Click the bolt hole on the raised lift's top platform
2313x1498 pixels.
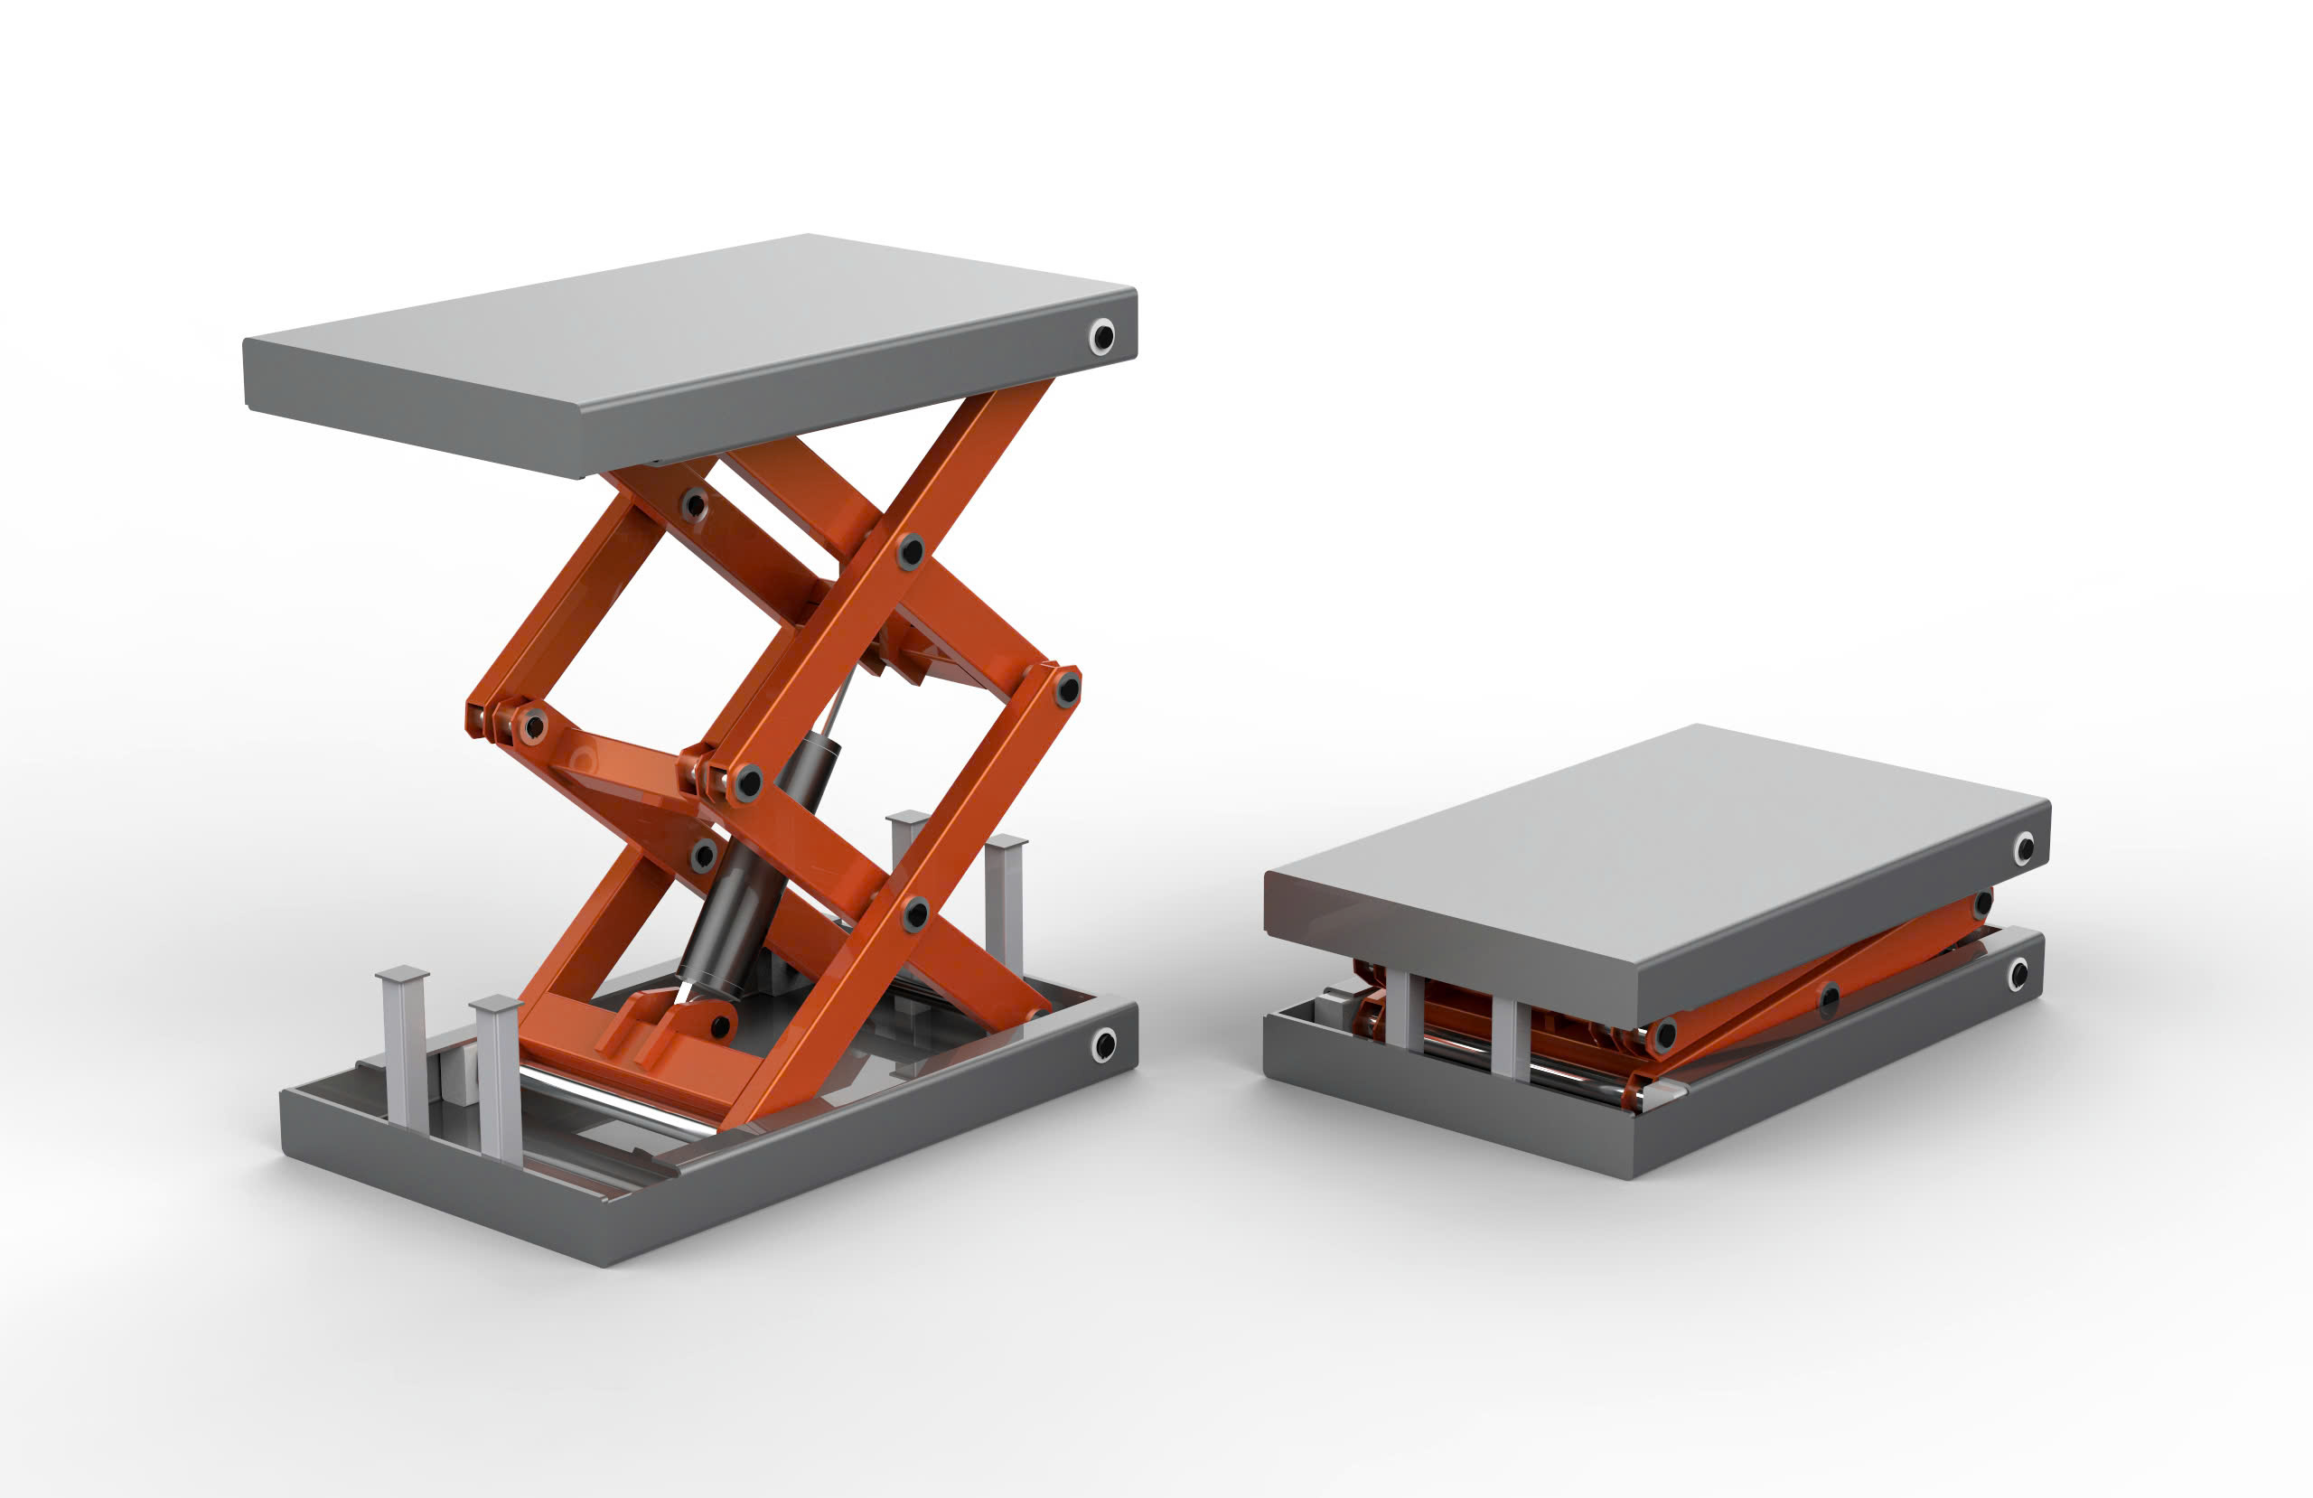[x=1102, y=336]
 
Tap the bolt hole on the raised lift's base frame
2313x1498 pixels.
[x=1104, y=1045]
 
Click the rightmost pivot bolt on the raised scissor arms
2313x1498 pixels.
[x=1067, y=688]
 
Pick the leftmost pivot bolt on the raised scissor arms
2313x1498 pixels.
[x=532, y=726]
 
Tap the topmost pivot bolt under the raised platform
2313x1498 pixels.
[x=694, y=504]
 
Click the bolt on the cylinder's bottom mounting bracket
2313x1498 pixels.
[x=719, y=1026]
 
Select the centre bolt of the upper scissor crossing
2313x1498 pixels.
[x=910, y=551]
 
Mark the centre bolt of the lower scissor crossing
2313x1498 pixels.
[x=914, y=913]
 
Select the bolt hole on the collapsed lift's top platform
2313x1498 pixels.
[x=2025, y=847]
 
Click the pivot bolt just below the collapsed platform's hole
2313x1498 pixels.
[x=1982, y=905]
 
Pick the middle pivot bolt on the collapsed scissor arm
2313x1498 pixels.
[x=1829, y=997]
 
